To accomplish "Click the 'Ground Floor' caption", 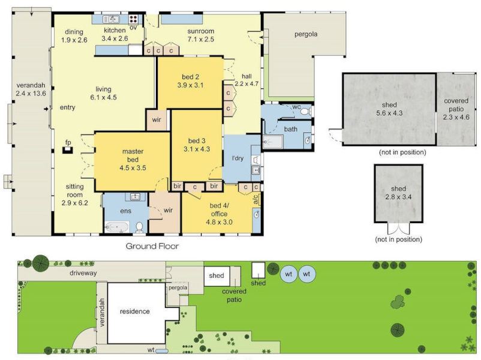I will [152, 246].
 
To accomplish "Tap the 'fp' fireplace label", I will [68, 143].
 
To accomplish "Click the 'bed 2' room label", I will [192, 77].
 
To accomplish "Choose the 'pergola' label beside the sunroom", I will [305, 34].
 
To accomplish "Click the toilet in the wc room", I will [304, 112].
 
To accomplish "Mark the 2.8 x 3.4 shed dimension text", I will [398, 196].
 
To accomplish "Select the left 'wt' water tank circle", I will [289, 274].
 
